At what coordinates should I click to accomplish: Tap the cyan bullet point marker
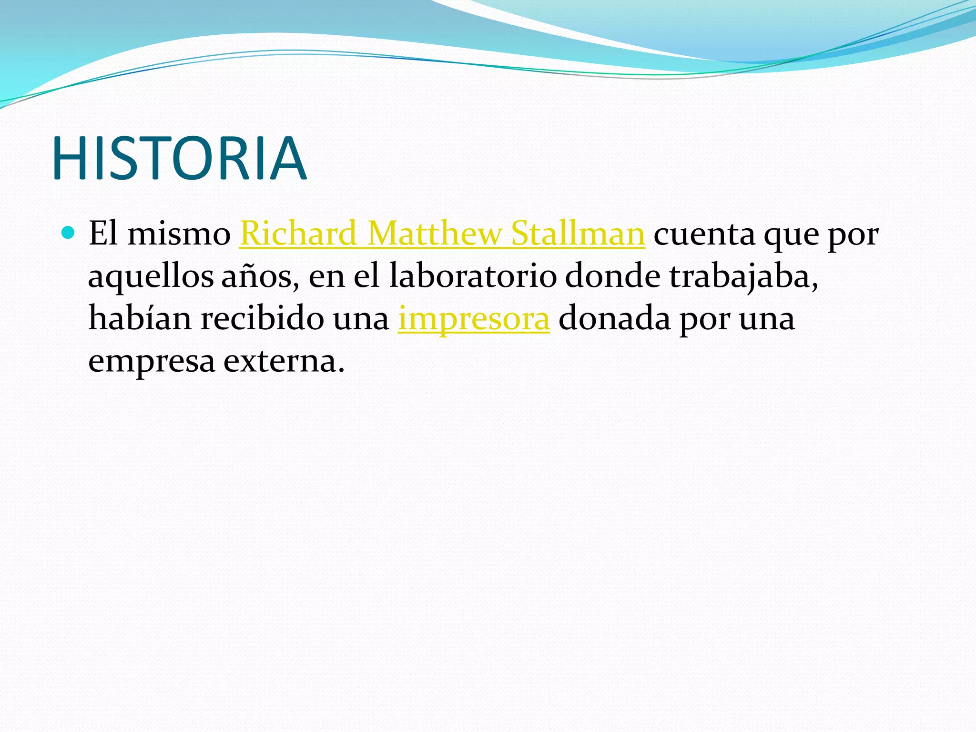point(69,233)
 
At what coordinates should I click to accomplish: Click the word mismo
point(179,234)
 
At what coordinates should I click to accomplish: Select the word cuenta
point(704,234)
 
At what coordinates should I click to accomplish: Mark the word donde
point(612,276)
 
